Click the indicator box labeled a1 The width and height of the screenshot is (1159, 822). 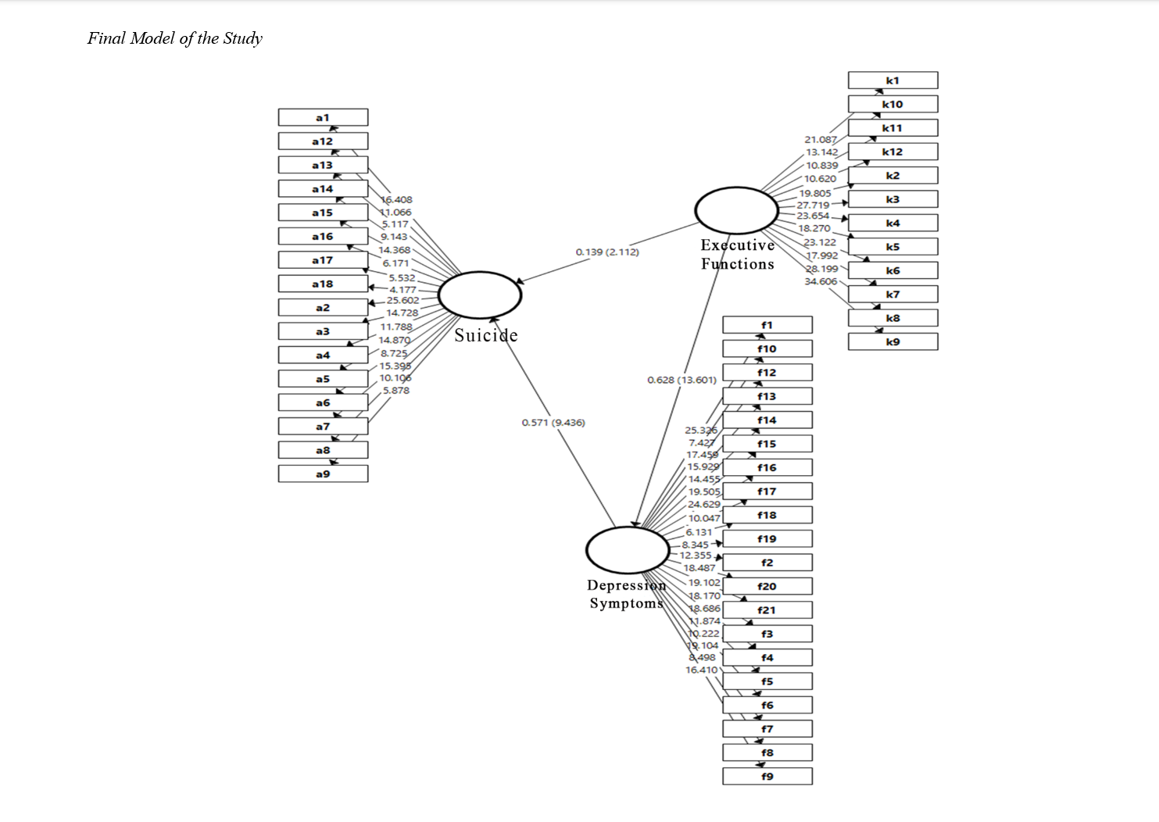pos(323,117)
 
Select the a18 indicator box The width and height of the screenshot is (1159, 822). pos(323,284)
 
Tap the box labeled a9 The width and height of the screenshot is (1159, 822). pos(323,474)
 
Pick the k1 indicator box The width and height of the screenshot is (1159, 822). pos(893,80)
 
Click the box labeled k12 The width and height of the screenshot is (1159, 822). pos(893,152)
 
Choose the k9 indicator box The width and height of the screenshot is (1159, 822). pos(893,341)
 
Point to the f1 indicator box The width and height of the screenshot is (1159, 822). pos(767,325)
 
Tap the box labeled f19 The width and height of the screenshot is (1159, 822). pos(767,538)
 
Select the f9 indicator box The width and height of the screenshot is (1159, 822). pos(767,776)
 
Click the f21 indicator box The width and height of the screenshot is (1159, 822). pos(767,609)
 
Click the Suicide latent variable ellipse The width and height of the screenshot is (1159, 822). pos(480,295)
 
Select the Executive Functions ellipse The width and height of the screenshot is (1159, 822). pos(736,210)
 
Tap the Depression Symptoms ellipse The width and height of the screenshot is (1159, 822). pos(628,550)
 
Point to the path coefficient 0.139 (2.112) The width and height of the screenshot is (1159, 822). pos(607,252)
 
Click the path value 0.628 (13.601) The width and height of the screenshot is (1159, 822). pos(681,380)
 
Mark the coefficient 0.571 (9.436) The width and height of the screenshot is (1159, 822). pos(553,423)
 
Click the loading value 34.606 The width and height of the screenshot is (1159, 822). pos(821,281)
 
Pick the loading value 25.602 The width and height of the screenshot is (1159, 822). pos(402,300)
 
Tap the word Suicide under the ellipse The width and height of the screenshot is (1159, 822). pos(486,335)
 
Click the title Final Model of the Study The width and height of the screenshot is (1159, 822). pos(175,38)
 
